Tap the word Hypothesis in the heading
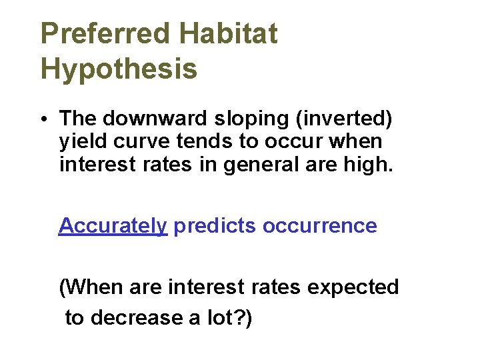(x=119, y=68)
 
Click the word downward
(x=156, y=119)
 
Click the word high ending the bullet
(x=367, y=164)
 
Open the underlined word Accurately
(x=113, y=226)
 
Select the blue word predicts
(x=215, y=226)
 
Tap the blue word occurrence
(x=319, y=226)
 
